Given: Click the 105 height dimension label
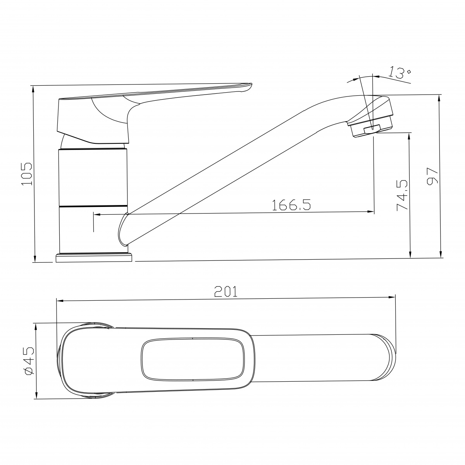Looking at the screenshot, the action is (27, 174).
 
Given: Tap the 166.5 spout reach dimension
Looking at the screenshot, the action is (291, 205).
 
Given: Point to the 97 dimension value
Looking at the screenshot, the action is (432, 176).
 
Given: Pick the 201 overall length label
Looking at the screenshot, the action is (226, 291).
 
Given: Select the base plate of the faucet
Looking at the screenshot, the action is (94, 257).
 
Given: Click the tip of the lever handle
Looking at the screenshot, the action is (251, 85).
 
